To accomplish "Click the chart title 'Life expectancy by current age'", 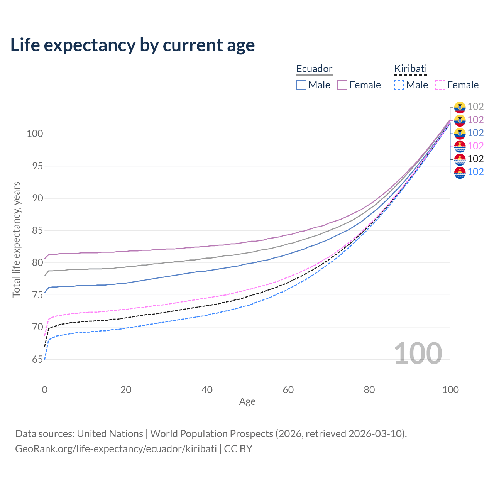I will point(132,45).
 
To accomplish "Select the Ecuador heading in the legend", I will point(314,69).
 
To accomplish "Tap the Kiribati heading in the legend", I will point(410,69).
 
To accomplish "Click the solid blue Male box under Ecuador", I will point(301,85).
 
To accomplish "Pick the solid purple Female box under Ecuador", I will point(342,85).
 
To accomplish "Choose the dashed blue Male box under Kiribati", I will point(399,85).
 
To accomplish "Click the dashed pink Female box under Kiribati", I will point(440,85).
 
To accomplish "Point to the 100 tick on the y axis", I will point(35,134).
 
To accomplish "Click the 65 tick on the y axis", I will point(37,359).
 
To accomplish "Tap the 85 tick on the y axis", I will point(37,230).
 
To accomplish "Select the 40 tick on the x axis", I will point(207,390).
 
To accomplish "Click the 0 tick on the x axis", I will point(45,390).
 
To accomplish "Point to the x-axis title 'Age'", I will point(247,402).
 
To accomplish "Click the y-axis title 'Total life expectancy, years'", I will point(16,239).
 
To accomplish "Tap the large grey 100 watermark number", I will point(418,354).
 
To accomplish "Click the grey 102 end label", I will point(475,107).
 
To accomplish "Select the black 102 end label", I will point(475,159).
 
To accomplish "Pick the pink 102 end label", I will point(475,146).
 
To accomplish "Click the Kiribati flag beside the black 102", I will point(460,159).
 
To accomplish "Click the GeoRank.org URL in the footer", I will point(116,449).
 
